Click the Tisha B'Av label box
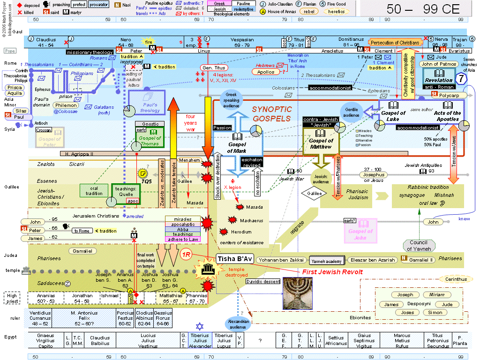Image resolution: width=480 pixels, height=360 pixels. point(234,259)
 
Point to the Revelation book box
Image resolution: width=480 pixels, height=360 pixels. point(439,77)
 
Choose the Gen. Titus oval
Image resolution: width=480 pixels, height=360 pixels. point(214,67)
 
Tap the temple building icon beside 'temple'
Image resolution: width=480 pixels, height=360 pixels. point(26,270)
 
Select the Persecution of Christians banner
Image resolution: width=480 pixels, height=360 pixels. point(395,43)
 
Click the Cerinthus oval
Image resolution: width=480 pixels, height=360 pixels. point(453,279)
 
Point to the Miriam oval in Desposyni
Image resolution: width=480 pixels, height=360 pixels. point(434,295)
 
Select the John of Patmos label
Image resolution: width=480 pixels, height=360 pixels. point(439,64)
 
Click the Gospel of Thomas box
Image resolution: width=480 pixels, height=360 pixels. point(150,138)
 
